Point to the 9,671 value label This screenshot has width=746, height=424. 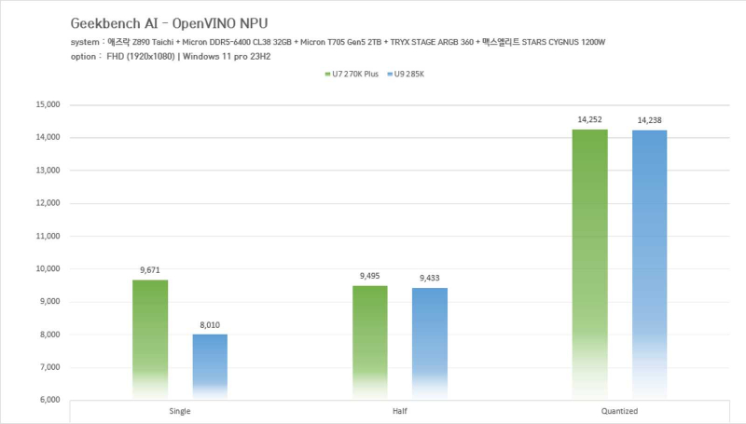[x=150, y=270]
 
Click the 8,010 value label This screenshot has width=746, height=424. [x=210, y=325]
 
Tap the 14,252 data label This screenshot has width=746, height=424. [x=589, y=120]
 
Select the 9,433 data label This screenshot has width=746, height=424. [x=430, y=279]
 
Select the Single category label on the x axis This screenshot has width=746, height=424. [x=181, y=411]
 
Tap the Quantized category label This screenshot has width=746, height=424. [x=619, y=411]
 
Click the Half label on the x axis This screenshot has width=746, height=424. [x=400, y=411]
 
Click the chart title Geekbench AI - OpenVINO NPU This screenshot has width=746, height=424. [x=161, y=21]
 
